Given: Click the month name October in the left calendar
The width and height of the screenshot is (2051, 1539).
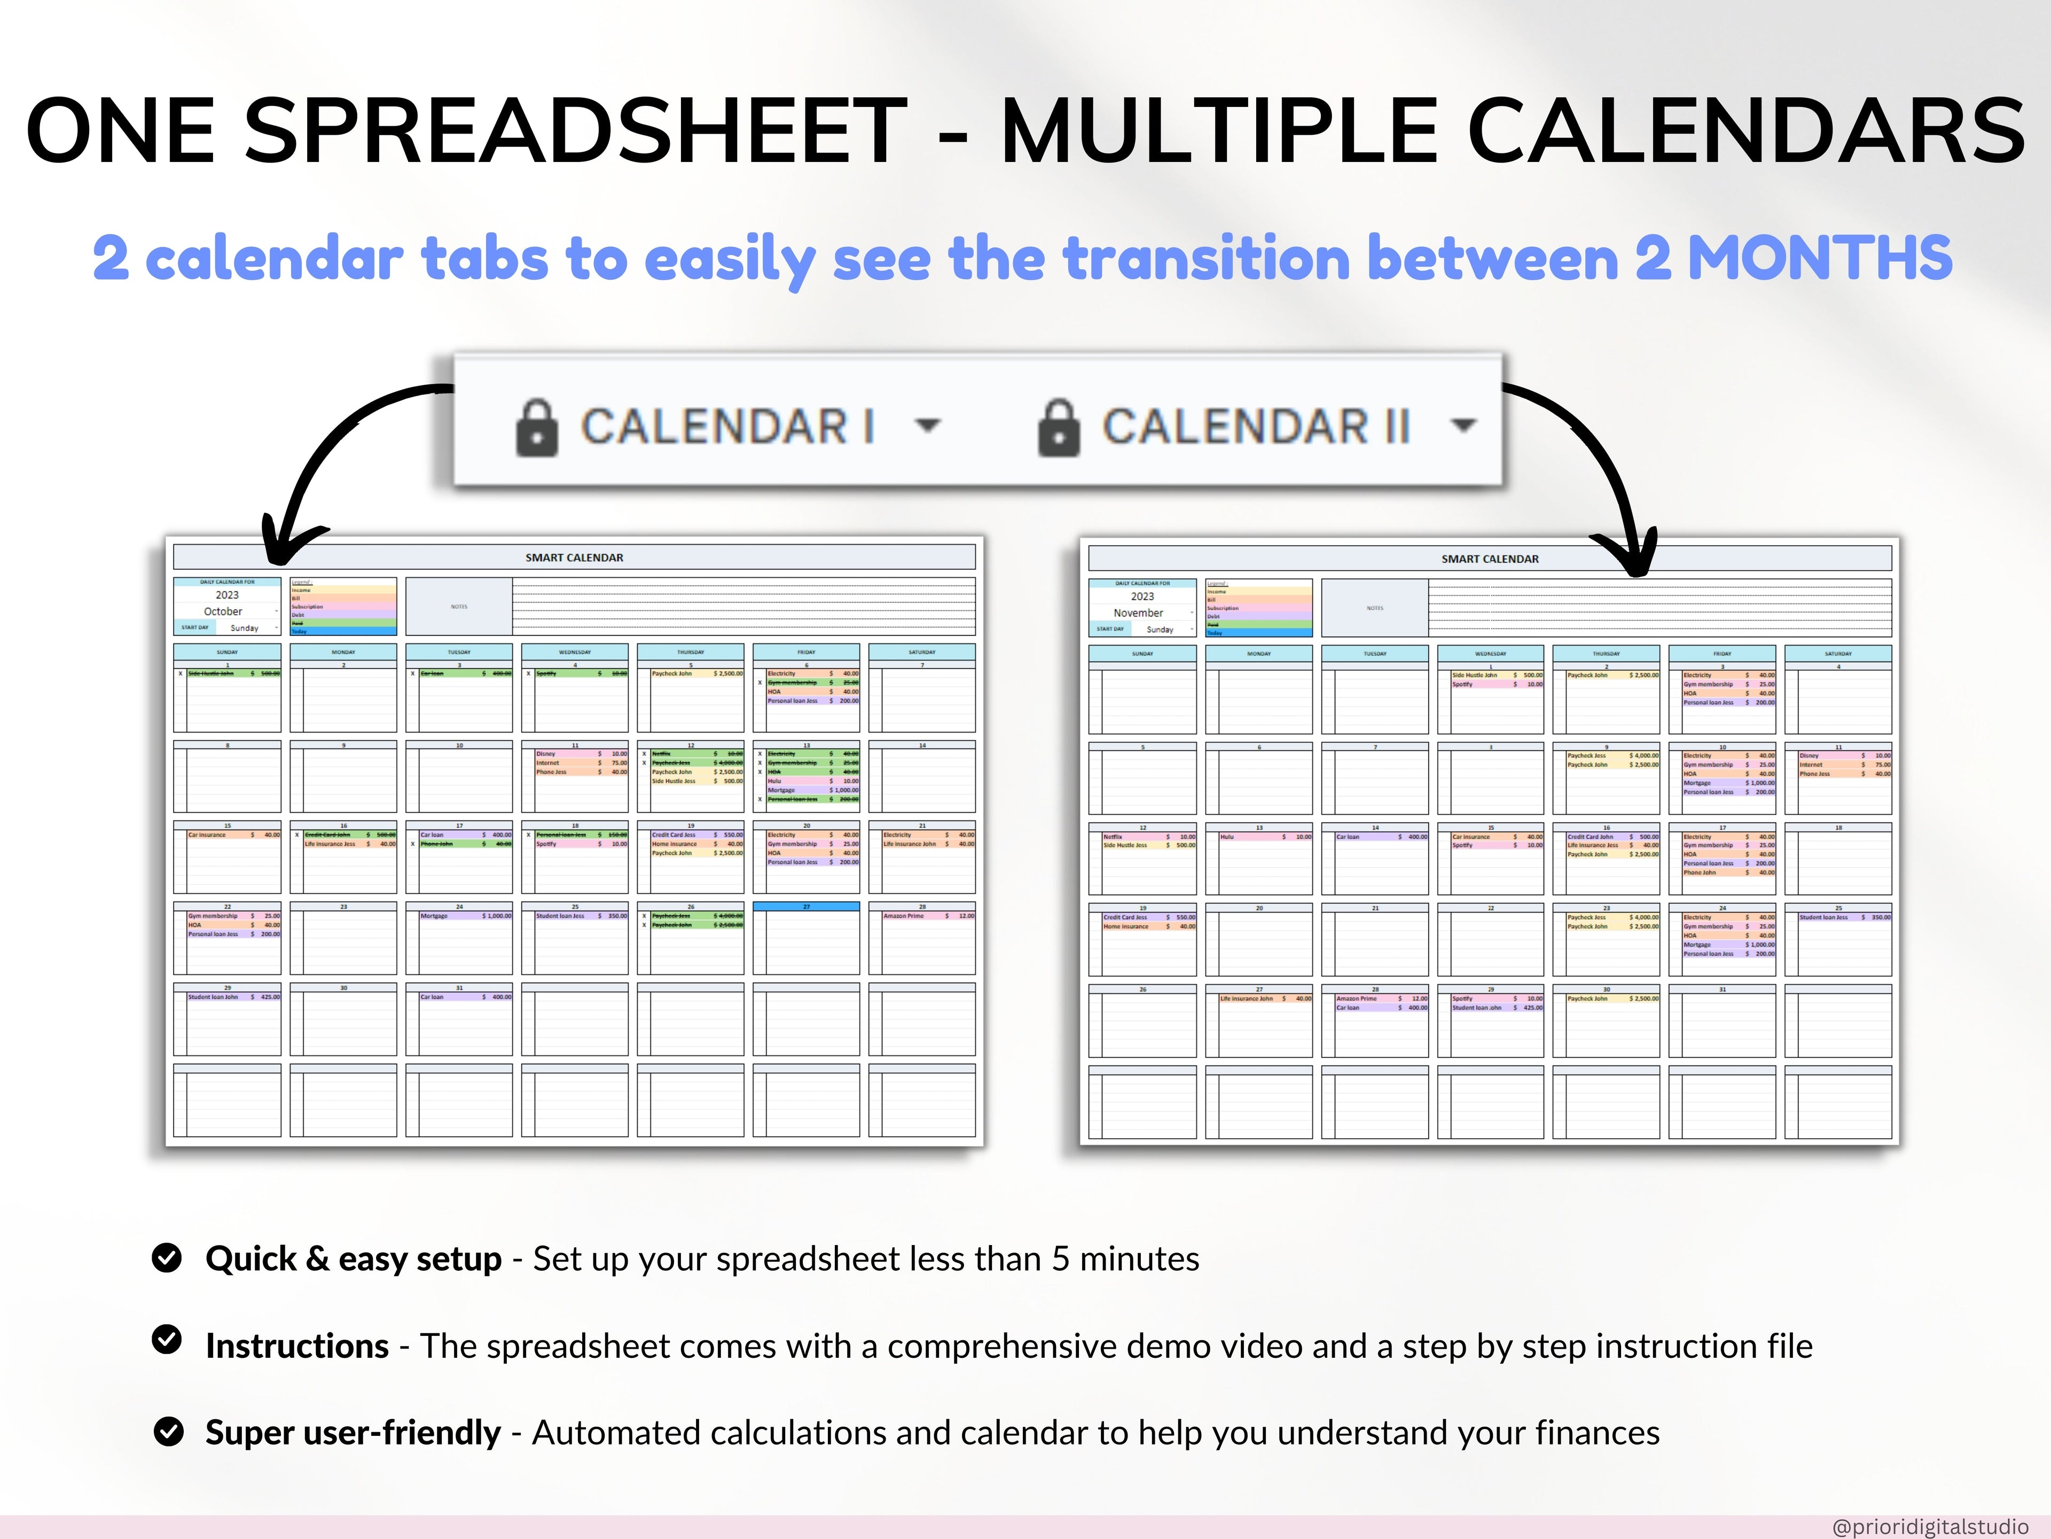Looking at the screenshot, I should (x=223, y=611).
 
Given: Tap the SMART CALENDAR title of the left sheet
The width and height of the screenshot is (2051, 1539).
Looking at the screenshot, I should (x=574, y=557).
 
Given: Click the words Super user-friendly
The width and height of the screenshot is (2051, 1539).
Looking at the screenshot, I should (x=353, y=1433).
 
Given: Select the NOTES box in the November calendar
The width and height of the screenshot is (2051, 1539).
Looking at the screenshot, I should (x=1374, y=608).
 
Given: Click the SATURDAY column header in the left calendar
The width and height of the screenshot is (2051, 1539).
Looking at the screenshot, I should (x=922, y=652).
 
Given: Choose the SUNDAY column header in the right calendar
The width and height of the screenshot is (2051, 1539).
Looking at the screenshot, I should (x=1142, y=654).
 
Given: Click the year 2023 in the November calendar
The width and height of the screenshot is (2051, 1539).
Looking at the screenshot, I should (x=1142, y=596).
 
